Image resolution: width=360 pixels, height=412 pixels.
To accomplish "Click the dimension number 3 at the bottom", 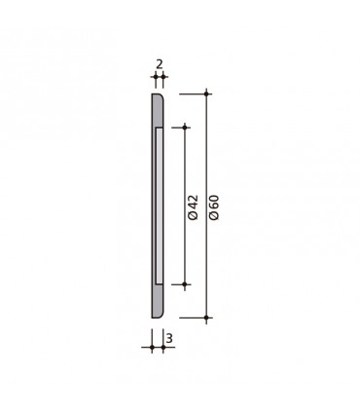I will tap(169, 338).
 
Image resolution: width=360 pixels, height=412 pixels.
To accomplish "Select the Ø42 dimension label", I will tap(193, 206).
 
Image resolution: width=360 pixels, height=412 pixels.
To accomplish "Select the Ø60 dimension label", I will tap(215, 206).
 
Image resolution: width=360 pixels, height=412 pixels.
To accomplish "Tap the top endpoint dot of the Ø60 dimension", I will tap(206, 94).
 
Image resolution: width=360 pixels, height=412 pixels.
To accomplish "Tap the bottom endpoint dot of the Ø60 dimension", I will tap(206, 318).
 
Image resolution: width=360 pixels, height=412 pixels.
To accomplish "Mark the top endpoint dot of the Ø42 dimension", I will tap(185, 128).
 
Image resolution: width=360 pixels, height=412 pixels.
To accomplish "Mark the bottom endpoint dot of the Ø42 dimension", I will tap(185, 283).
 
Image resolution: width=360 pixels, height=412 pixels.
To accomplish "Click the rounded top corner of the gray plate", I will tap(160, 97).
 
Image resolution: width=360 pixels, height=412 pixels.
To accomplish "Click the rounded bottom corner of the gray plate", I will tap(160, 314).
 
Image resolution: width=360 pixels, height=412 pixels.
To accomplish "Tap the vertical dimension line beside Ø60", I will tap(206, 156).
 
